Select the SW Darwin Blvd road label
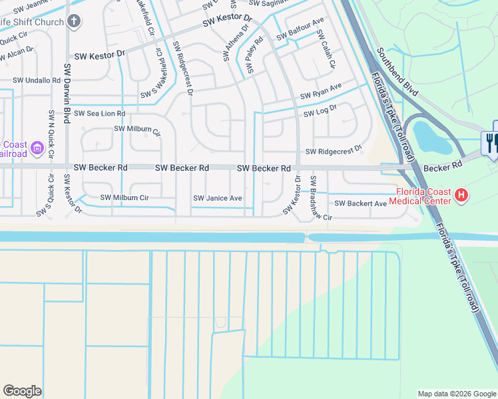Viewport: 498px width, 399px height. pos(67,94)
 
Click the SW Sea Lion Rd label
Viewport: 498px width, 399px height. pos(99,114)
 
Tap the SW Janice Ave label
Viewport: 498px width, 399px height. pos(217,198)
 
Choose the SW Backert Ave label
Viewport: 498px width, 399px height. pos(360,203)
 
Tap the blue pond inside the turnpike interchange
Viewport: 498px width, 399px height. pos(426,137)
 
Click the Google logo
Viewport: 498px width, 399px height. pos(23,391)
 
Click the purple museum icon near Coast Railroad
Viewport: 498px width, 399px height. pos(37,146)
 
